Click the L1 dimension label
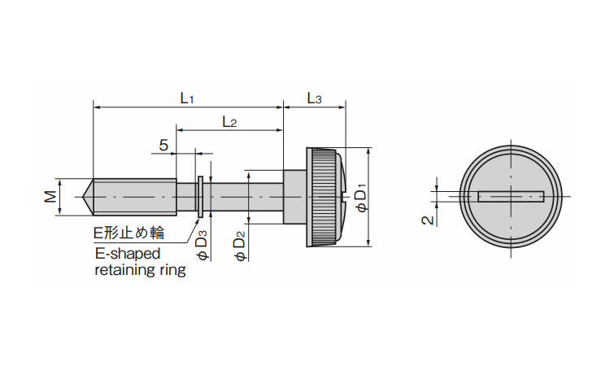coord(186,98)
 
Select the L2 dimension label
coord(229,122)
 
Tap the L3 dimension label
coord(314,98)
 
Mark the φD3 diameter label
coord(203,245)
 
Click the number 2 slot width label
coord(425,220)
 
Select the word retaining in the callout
coord(124,270)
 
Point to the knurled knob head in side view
coord(323,197)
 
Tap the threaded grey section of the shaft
coord(134,197)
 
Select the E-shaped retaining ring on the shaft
coord(200,197)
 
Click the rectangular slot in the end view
coord(512,195)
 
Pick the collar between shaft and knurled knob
coord(294,197)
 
